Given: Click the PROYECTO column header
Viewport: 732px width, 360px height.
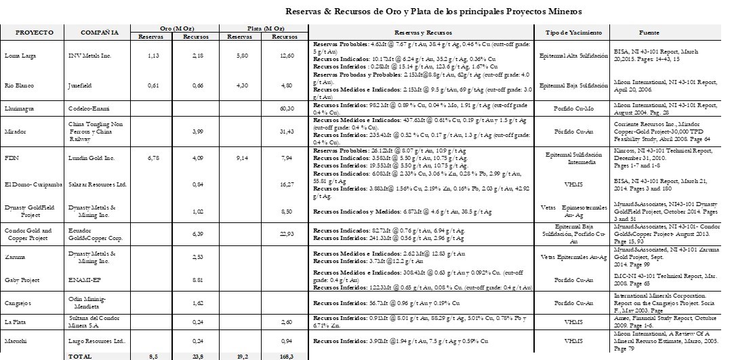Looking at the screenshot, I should coord(30,33).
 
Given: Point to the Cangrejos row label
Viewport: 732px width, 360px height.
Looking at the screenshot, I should coord(19,304).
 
